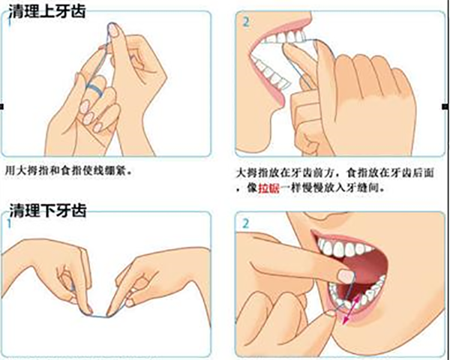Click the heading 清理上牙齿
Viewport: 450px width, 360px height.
pos(47,11)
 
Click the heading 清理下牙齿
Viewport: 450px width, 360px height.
pos(48,210)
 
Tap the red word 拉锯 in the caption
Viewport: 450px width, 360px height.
pos(268,188)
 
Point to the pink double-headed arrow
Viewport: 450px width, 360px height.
pos(352,310)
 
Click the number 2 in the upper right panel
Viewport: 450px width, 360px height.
pos(246,22)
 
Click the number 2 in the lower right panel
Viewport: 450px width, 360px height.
pos(246,223)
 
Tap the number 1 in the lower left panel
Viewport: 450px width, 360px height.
pos(10,223)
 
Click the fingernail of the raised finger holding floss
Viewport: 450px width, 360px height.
pos(113,30)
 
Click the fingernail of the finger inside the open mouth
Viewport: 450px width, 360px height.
pos(346,276)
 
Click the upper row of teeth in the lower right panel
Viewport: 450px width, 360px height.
pos(343,248)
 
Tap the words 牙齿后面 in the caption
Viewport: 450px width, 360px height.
pos(412,172)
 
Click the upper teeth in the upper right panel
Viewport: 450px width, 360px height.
pos(285,37)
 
